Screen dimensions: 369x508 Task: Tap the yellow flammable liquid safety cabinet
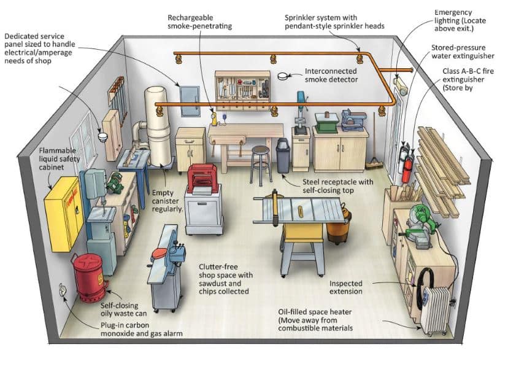pos(63,212)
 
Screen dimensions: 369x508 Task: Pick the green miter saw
pos(422,220)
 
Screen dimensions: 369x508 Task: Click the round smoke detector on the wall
pos(283,77)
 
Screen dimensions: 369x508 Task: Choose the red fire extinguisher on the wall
pos(407,166)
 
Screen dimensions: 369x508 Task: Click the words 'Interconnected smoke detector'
pos(331,76)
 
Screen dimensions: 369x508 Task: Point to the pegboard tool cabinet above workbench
pos(242,90)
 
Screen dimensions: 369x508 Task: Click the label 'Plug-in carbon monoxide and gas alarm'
pos(142,328)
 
